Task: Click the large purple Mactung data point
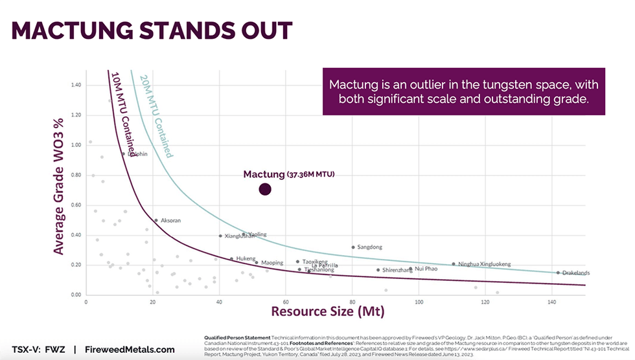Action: click(264, 189)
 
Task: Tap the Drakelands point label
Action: click(576, 273)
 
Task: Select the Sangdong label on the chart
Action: click(369, 247)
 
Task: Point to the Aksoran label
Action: click(170, 220)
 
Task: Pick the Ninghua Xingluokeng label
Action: click(484, 264)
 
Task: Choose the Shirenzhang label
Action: click(397, 270)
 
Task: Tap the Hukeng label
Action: click(246, 258)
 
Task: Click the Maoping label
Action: click(272, 263)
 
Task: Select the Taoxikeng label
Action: click(315, 262)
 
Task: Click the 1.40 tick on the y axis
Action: click(75, 85)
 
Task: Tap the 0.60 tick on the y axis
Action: click(75, 205)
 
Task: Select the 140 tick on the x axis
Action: click(552, 302)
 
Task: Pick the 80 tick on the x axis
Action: click(352, 302)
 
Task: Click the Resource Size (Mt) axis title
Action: click(327, 311)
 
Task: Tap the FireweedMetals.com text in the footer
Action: click(130, 350)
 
